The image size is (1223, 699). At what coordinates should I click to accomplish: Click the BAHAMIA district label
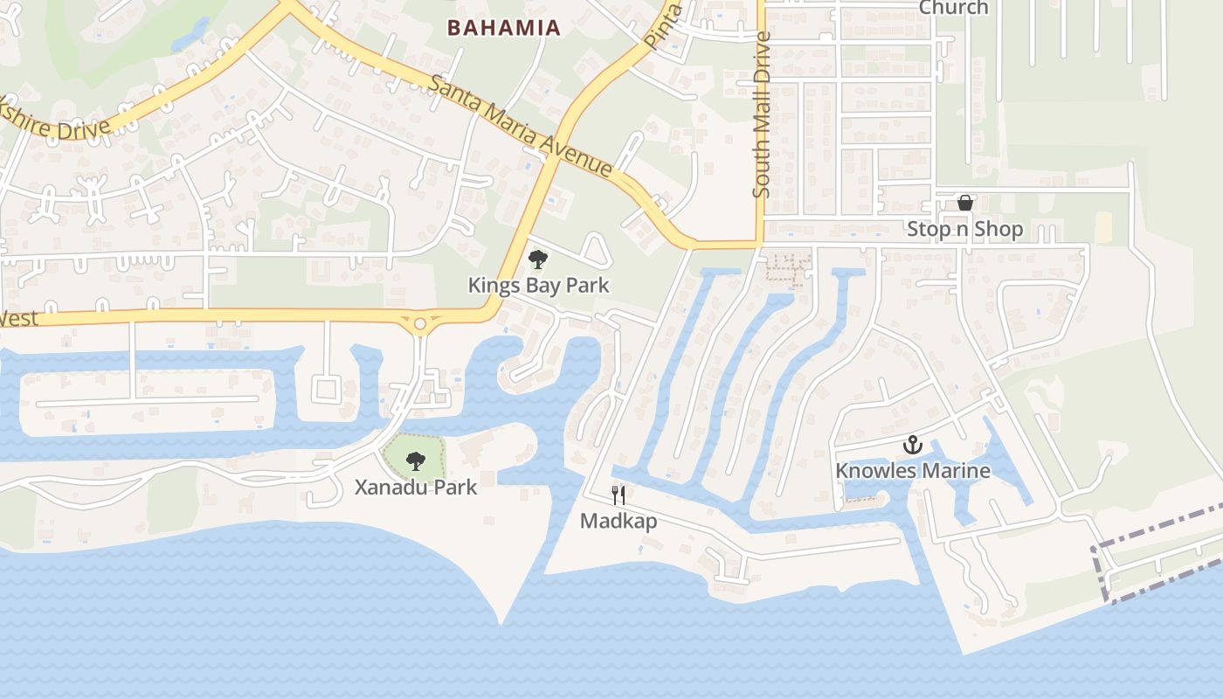(x=503, y=28)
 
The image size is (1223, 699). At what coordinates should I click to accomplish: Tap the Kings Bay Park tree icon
(x=538, y=260)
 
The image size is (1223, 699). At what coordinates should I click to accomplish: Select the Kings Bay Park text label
(x=538, y=286)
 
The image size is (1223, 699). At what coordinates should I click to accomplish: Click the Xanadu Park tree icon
(x=416, y=460)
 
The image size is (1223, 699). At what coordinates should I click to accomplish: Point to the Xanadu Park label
(x=416, y=487)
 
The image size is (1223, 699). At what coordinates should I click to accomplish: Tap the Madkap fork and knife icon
(x=618, y=496)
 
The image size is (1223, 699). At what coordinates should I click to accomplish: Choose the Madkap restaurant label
(x=618, y=522)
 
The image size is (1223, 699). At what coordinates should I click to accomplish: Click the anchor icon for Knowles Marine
(x=913, y=446)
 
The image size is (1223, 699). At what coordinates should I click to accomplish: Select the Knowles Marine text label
(x=913, y=471)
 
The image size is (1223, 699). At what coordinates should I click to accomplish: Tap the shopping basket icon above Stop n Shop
(x=965, y=204)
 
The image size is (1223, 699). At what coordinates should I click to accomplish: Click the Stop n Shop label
(x=964, y=230)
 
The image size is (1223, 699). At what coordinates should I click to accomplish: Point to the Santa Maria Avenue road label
(x=522, y=125)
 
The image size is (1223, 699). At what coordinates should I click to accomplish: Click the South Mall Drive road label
(x=762, y=114)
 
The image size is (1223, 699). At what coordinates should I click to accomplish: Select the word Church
(x=953, y=8)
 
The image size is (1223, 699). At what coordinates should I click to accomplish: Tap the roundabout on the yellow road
(x=420, y=324)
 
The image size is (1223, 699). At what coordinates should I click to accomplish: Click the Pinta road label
(x=662, y=26)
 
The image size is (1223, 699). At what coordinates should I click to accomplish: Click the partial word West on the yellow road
(x=19, y=317)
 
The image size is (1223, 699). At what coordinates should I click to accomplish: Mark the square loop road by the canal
(x=325, y=389)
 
